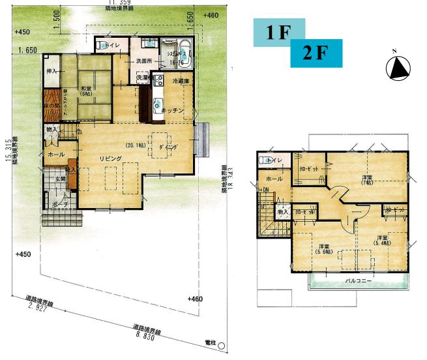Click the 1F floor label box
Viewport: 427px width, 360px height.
(x=276, y=33)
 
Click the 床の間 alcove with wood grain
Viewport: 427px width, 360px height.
(x=52, y=106)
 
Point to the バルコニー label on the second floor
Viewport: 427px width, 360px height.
(x=359, y=281)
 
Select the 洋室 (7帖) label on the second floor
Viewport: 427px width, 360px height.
(x=366, y=179)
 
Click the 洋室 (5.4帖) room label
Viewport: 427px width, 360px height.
(x=383, y=240)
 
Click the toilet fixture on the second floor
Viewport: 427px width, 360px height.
(x=267, y=160)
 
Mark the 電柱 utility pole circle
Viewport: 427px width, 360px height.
(x=221, y=346)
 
